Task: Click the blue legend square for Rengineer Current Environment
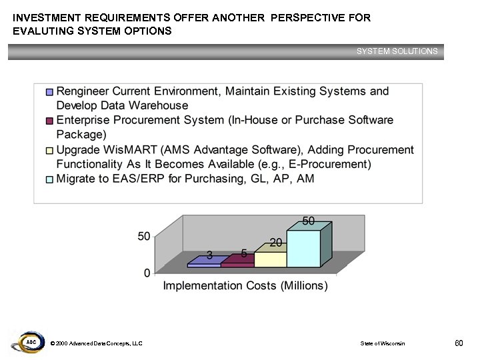(49, 92)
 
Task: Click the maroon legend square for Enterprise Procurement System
(49, 121)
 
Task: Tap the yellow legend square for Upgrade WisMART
(49, 150)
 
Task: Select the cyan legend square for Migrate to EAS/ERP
(49, 179)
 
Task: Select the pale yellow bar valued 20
(271, 259)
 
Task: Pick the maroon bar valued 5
(237, 264)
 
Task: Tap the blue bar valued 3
(204, 265)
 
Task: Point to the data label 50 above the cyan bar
(309, 221)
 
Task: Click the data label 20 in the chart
(275, 242)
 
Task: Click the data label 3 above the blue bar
(209, 255)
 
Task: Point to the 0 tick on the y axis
(147, 273)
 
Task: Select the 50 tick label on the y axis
(144, 236)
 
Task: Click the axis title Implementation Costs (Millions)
(245, 286)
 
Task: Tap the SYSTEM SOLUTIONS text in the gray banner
(397, 51)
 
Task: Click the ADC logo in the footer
(30, 343)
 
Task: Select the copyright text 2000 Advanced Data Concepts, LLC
(96, 343)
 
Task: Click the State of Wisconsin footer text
(382, 343)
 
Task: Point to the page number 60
(458, 343)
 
